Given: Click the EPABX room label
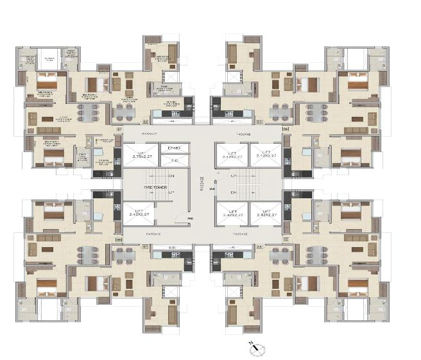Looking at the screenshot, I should click(x=173, y=148).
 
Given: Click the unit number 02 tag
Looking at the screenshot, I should click(x=146, y=120).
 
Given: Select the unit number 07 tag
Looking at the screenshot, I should click(x=145, y=246).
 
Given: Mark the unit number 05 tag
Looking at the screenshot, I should click(x=286, y=240).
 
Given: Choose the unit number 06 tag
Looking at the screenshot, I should click(x=260, y=246).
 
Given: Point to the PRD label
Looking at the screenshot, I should click(x=190, y=219).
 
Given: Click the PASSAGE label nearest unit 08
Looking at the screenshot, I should click(x=153, y=234).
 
